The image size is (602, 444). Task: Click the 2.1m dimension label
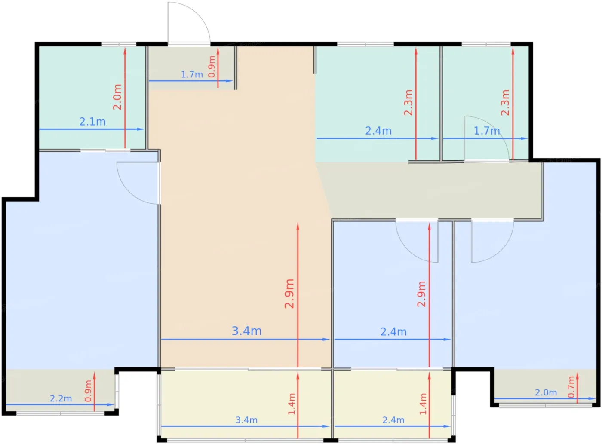pos(92,122)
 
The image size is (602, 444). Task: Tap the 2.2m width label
pos(61,398)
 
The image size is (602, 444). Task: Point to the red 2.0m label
pos(117,97)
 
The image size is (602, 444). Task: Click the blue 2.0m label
pos(546,392)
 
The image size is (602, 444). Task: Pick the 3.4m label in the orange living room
pos(246,331)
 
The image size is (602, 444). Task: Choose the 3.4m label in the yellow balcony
pos(246,420)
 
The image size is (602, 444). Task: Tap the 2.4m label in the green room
pos(378,131)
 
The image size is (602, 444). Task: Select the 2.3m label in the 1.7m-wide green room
pos(505,103)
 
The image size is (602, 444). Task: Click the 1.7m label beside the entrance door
pos(192,74)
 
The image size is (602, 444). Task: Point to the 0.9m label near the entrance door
pos(212,67)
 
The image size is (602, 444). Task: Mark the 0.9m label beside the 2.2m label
pos(88,391)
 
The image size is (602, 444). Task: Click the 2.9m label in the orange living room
pos(289,294)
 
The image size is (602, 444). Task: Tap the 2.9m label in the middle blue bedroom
pos(421,294)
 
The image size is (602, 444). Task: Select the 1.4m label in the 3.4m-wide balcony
pos(292,404)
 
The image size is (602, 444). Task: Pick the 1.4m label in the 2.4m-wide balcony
pos(423,404)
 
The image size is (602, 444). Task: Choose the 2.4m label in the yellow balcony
pos(393,420)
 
